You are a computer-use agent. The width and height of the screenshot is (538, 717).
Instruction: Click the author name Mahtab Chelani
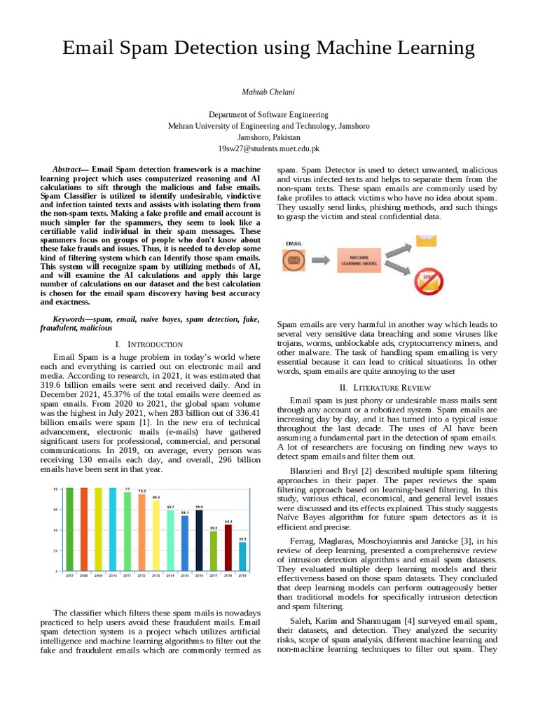click(269, 92)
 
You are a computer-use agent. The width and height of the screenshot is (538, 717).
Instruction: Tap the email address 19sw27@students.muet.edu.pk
click(269, 148)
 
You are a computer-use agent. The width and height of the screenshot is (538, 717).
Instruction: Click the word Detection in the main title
click(231, 48)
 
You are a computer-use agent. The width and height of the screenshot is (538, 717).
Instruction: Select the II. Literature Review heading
click(387, 387)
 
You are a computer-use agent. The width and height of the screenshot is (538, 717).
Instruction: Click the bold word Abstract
click(67, 170)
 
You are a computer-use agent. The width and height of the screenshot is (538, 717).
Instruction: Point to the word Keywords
click(73, 319)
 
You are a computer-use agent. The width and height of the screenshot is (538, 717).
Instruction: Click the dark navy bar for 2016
click(200, 541)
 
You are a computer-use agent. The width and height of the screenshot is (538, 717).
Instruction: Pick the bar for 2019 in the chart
click(242, 557)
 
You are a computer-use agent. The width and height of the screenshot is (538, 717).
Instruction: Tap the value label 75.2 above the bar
click(142, 491)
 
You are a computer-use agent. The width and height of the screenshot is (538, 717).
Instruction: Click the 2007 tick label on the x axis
click(69, 576)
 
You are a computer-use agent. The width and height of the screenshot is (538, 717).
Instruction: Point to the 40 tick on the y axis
click(55, 530)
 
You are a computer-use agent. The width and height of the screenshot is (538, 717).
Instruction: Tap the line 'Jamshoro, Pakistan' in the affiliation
click(269, 137)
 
